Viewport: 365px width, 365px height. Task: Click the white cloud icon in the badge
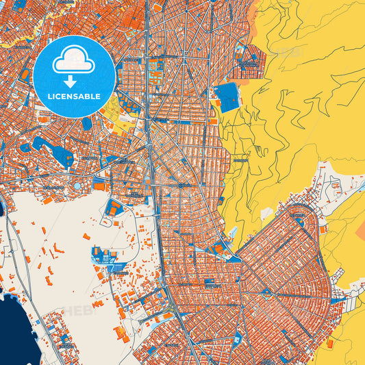[x=74, y=60]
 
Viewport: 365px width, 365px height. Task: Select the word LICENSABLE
[x=74, y=97]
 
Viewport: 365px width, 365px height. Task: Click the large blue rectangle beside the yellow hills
[x=227, y=97]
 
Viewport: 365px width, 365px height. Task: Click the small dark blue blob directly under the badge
[x=87, y=124]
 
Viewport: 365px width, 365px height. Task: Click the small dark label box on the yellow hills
[x=240, y=160]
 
